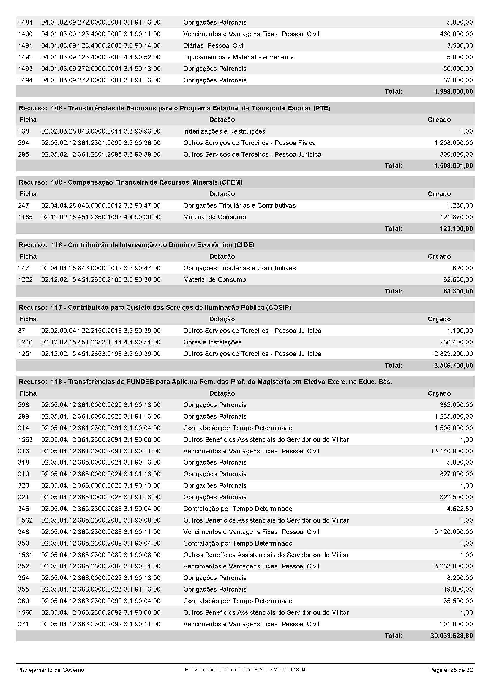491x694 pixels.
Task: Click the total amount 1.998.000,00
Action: [x=453, y=92]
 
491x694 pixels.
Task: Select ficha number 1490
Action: [x=25, y=34]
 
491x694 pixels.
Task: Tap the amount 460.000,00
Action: [x=456, y=34]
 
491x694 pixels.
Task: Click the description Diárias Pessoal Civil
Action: [x=214, y=46]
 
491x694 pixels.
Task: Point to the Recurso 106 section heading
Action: [x=174, y=108]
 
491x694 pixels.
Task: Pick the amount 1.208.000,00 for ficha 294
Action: [x=453, y=143]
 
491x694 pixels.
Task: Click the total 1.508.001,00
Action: [x=453, y=166]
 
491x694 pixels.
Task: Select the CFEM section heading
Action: [x=130, y=182]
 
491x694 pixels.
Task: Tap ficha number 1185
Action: [x=25, y=217]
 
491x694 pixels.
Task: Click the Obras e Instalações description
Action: [x=212, y=342]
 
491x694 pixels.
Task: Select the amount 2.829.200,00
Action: [x=453, y=354]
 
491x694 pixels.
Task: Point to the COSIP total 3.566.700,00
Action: [x=453, y=366]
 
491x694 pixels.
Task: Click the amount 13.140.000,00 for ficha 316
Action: [x=451, y=451]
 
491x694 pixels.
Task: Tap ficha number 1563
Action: [x=25, y=440]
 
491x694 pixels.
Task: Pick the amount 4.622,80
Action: [x=460, y=509]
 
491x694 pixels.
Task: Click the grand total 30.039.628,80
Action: [x=451, y=636]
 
